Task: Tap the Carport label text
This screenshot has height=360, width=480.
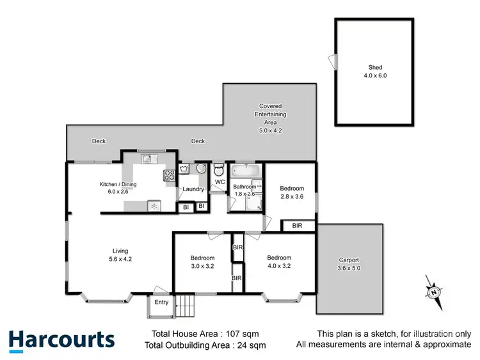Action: click(x=349, y=260)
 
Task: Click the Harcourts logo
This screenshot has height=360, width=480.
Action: click(x=61, y=340)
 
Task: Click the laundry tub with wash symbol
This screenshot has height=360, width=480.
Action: click(x=184, y=169)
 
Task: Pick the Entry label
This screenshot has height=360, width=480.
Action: click(x=161, y=302)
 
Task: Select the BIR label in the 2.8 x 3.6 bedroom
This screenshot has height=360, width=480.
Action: click(x=297, y=226)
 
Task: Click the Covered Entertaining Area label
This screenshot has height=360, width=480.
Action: click(x=270, y=114)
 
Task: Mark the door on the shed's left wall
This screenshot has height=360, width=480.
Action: click(x=332, y=61)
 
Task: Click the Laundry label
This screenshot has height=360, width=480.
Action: click(x=193, y=189)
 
